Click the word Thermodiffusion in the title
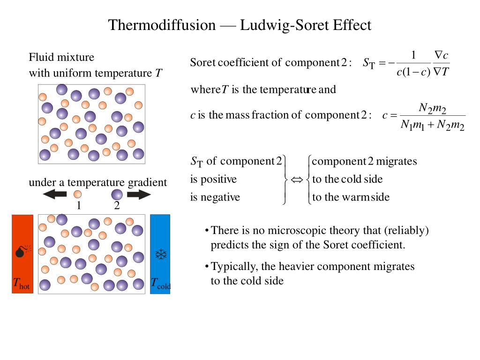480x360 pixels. coord(162,25)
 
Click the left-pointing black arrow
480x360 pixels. coord(55,194)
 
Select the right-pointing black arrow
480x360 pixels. coord(139,194)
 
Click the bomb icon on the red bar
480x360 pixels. coord(21,252)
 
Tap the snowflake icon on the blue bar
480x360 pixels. coord(161,255)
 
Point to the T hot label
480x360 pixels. coord(21,284)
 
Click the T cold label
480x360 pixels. coord(160,284)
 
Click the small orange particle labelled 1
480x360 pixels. coord(78,194)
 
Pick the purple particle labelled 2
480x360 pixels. coord(117,194)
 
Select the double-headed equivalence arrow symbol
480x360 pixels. coord(298,180)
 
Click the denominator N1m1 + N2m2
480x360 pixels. coord(432,126)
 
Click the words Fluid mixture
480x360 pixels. coord(61,57)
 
